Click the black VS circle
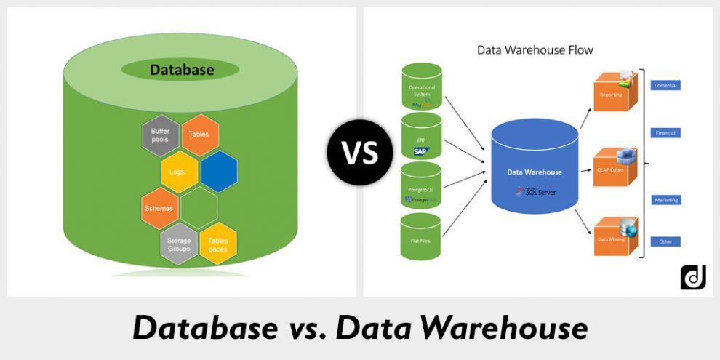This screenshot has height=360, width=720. click(x=359, y=152)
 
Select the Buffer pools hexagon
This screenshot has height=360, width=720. click(x=160, y=136)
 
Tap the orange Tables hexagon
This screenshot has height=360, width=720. click(x=199, y=135)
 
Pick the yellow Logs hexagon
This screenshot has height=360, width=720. click(x=179, y=172)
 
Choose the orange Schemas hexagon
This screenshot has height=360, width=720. click(x=160, y=208)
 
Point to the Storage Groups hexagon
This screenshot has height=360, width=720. click(x=179, y=244)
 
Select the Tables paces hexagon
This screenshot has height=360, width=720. click(x=218, y=244)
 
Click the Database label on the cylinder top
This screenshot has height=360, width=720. click(x=181, y=70)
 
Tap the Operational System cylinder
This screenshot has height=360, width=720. click(x=422, y=86)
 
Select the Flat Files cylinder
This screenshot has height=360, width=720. click(x=421, y=236)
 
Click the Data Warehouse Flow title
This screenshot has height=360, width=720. click(x=535, y=50)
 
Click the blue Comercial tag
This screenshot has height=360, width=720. click(x=665, y=85)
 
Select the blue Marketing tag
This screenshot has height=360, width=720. click(x=665, y=200)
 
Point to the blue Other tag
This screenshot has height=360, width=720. click(x=665, y=241)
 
